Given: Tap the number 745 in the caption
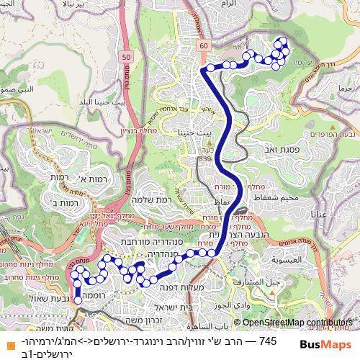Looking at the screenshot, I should (x=267, y=340).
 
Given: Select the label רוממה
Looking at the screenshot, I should (x=95, y=295).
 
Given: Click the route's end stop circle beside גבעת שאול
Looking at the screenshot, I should (x=78, y=302).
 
